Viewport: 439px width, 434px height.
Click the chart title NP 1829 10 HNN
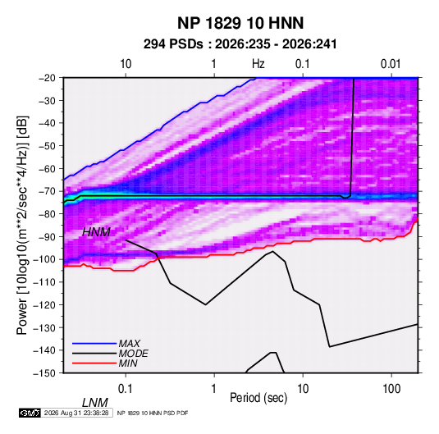[240, 23]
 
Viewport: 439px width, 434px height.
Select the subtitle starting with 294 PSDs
[240, 44]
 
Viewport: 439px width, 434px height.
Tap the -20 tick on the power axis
[47, 78]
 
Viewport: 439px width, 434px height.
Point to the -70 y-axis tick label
[47, 191]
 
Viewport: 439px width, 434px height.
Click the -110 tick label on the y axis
[44, 282]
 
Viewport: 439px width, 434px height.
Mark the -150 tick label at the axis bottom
[44, 373]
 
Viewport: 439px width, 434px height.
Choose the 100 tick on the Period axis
[391, 389]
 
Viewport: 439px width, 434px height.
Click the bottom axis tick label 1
[214, 389]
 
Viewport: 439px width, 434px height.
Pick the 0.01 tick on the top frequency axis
[391, 64]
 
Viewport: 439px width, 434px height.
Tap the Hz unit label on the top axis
[258, 64]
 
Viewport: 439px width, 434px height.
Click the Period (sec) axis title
[258, 398]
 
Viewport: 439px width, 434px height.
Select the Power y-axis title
[22, 226]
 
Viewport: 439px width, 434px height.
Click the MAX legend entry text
[130, 344]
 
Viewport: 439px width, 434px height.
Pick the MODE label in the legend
[133, 354]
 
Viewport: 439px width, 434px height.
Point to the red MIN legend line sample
[94, 363]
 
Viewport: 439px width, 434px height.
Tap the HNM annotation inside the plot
[96, 232]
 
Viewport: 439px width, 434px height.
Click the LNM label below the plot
[95, 403]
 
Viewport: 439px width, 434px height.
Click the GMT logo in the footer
[30, 413]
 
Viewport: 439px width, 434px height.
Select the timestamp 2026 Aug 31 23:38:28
[76, 413]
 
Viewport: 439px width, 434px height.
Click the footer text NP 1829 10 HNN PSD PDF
[153, 413]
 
